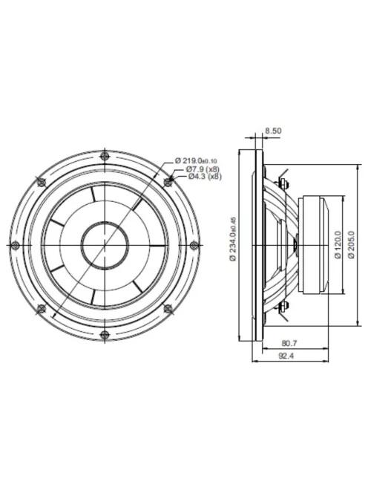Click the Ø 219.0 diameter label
coord(196,160)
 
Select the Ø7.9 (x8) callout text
coord(203,169)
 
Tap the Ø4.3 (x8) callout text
coord(204,177)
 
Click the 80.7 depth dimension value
coord(290,344)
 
